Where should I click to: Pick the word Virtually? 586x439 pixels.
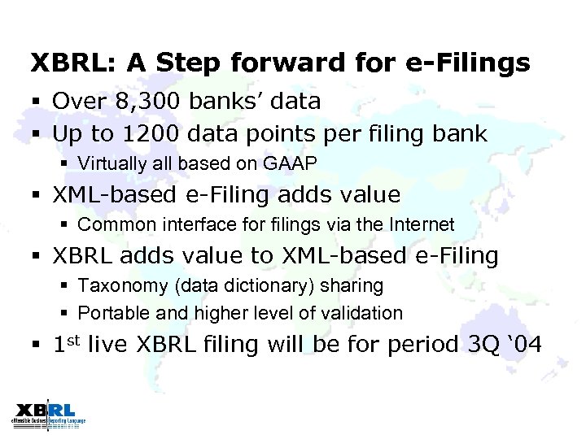click(110, 163)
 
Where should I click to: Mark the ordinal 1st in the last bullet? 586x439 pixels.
click(66, 344)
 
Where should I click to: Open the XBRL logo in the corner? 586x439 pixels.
click(47, 414)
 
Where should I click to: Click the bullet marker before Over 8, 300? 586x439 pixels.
click(36, 102)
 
